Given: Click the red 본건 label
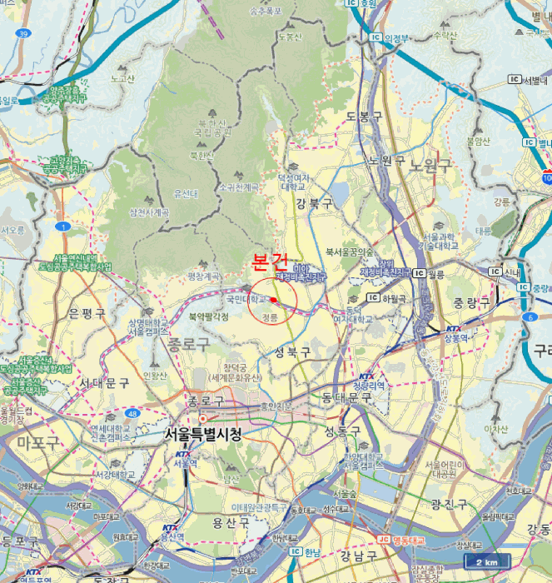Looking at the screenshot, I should click(270, 262).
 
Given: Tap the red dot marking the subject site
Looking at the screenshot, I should click(273, 299).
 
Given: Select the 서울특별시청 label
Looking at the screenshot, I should click(204, 434).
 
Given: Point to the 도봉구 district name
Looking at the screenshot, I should click(363, 115).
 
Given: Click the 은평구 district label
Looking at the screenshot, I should click(87, 313).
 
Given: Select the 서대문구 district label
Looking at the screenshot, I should click(104, 382).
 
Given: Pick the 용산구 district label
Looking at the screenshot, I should click(231, 522).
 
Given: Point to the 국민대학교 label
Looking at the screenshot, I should click(247, 297).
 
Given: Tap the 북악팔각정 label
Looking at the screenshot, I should click(208, 316).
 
